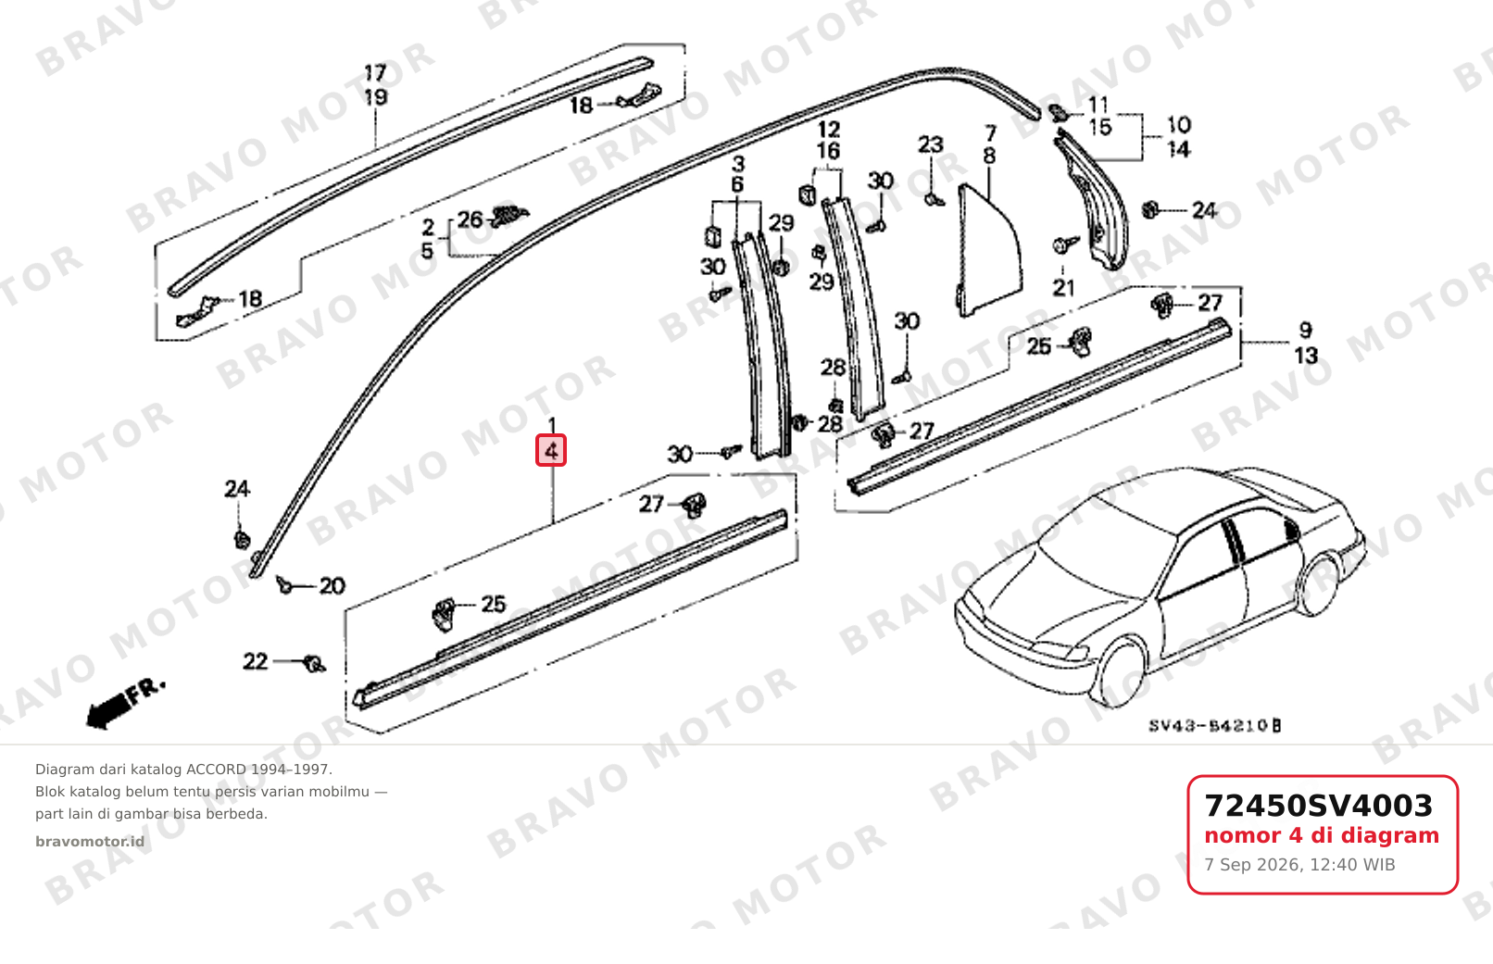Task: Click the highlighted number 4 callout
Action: click(551, 450)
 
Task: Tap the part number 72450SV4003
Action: click(1318, 806)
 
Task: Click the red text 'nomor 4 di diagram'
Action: click(1322, 835)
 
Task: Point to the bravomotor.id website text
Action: click(90, 842)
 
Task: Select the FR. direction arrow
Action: click(125, 704)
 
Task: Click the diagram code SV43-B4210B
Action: click(1214, 725)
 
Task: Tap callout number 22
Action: click(256, 661)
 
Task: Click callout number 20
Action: click(332, 586)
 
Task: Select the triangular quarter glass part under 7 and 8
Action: click(989, 253)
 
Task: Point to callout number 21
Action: click(1064, 288)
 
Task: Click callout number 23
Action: click(931, 144)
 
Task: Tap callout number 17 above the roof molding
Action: click(375, 72)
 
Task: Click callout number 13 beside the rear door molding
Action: click(1306, 355)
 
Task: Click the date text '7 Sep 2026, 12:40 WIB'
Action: click(1299, 865)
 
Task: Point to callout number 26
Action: click(470, 219)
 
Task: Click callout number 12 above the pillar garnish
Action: click(829, 129)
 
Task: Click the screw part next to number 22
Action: click(313, 664)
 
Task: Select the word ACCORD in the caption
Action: click(216, 770)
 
